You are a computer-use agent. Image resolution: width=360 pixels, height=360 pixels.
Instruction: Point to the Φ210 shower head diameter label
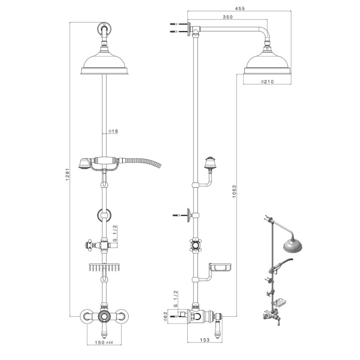268,81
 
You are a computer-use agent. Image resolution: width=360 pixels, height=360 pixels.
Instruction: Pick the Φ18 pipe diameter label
113,131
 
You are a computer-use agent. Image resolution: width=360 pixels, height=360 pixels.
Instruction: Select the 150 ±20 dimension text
104,342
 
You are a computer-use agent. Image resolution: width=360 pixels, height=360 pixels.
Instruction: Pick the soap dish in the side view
220,268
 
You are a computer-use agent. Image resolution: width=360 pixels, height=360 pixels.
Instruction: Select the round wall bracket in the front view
104,215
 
